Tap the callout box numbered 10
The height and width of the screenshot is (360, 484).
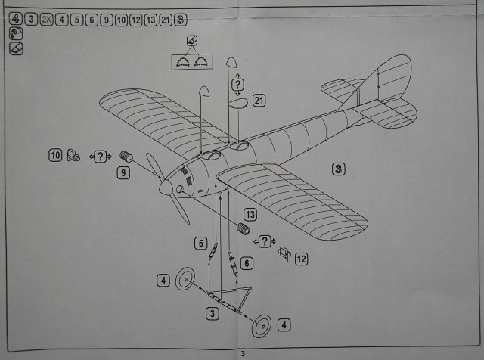pyautogui.click(x=54, y=155)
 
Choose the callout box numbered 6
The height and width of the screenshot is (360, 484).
pyautogui.click(x=247, y=262)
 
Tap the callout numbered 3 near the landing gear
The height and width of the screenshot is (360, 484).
pyautogui.click(x=213, y=312)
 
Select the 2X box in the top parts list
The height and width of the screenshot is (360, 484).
pyautogui.click(x=47, y=19)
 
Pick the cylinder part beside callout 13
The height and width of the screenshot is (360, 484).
pyautogui.click(x=244, y=229)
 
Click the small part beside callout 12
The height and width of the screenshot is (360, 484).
pyautogui.click(x=285, y=253)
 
